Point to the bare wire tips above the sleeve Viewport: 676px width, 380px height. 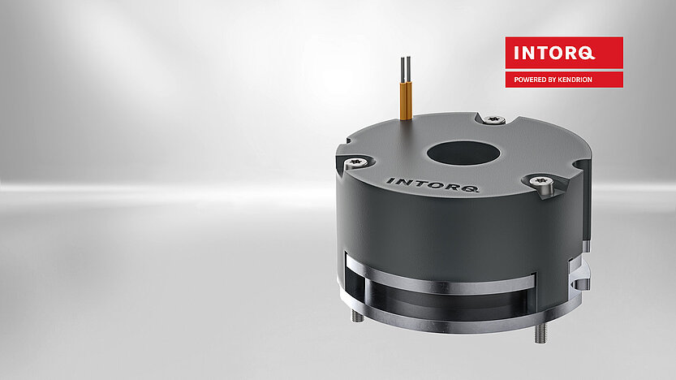click(405, 67)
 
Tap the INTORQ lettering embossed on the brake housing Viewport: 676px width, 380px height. click(432, 184)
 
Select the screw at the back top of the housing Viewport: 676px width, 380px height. click(491, 120)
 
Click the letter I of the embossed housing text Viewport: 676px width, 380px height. click(389, 179)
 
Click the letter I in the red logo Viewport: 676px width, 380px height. click(519, 54)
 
